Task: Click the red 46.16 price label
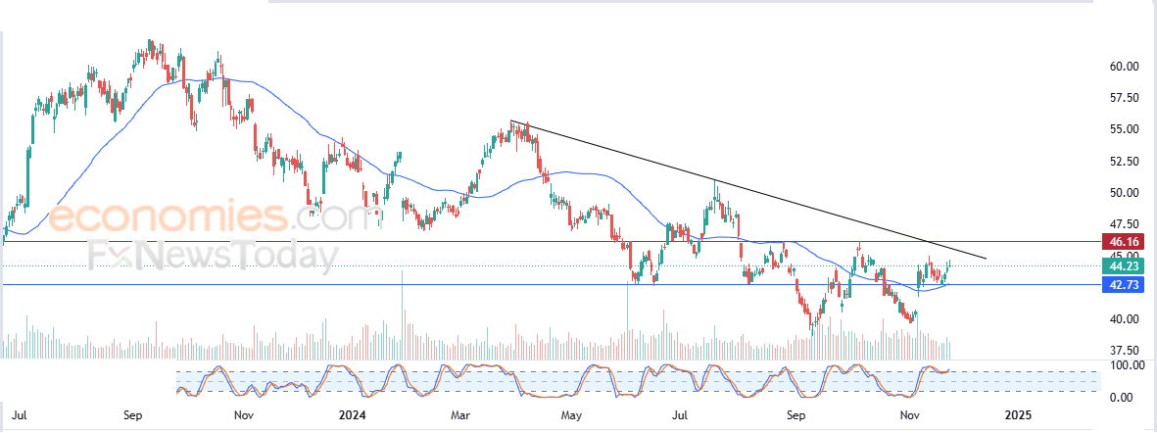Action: click(x=1124, y=241)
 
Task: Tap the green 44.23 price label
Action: click(x=1124, y=265)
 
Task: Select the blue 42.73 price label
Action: click(x=1124, y=284)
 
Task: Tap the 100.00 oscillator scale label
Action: click(x=1121, y=365)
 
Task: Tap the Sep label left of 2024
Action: click(x=134, y=415)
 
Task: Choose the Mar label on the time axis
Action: click(x=460, y=415)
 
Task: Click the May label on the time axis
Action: click(x=571, y=415)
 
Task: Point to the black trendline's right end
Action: click(x=986, y=259)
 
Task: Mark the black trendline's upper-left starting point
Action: click(x=511, y=120)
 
